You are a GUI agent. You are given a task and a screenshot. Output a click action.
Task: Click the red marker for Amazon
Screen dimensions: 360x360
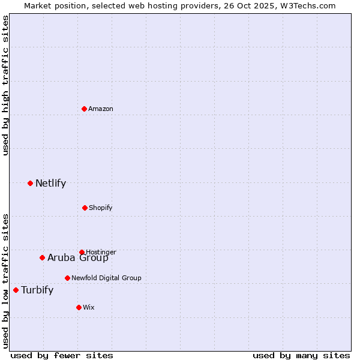84,109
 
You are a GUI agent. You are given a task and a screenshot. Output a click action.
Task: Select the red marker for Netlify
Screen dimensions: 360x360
30,183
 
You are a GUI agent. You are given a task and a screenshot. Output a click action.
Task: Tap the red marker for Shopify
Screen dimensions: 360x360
85,208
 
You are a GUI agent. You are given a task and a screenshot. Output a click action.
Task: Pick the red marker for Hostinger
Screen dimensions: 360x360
82,252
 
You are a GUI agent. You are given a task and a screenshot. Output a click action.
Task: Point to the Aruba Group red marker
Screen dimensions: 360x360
42,257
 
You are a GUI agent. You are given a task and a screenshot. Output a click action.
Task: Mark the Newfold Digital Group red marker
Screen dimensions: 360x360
67,278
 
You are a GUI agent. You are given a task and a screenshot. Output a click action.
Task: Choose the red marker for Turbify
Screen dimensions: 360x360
16,290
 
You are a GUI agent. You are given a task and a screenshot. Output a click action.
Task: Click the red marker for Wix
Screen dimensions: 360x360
79,307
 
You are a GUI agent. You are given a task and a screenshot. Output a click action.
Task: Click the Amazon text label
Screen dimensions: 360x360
101,109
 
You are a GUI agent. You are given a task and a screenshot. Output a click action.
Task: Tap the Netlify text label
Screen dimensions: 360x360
50,183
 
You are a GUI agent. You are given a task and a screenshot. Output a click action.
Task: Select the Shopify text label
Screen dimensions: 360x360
101,208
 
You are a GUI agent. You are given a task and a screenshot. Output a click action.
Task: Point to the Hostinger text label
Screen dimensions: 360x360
101,252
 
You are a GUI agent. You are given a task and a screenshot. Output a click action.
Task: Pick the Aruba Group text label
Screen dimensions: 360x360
78,258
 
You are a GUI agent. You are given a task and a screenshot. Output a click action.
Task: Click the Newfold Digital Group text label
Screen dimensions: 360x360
106,278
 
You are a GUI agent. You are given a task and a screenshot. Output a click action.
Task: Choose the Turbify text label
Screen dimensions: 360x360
37,290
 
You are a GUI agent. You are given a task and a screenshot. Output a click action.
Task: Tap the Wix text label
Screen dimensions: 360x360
89,307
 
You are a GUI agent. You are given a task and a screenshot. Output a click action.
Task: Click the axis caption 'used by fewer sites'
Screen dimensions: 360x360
62,355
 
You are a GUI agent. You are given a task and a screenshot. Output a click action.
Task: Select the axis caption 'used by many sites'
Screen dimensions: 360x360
301,355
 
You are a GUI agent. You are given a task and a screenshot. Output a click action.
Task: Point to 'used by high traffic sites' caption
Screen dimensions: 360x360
5,85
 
